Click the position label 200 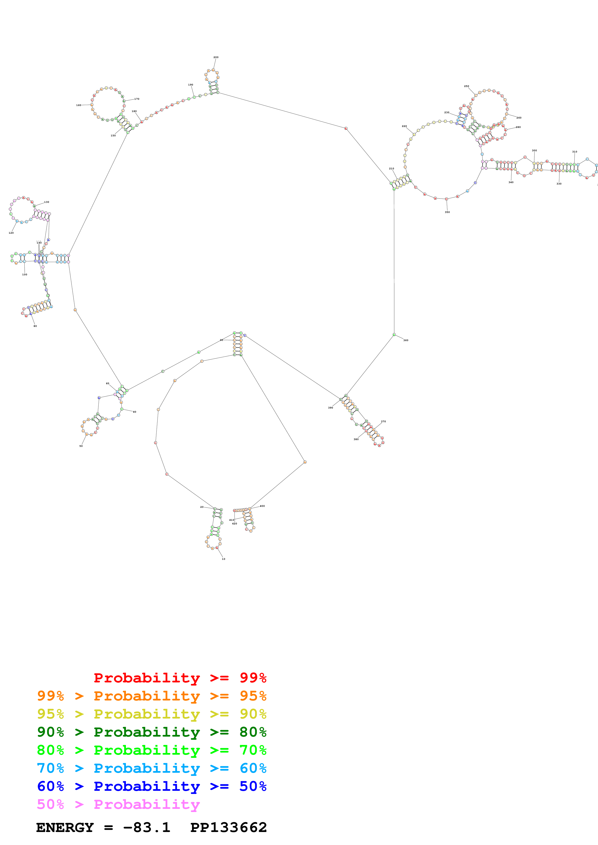coord(216,57)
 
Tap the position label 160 coord(78,105)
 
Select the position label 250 coord(467,86)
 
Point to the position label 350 coord(447,212)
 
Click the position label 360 coord(406,340)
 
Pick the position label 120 coord(11,233)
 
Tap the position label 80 coord(35,326)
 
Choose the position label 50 coord(81,446)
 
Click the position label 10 coord(223,559)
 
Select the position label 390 coord(330,408)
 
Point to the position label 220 coord(404,126)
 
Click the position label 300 coord(534,151)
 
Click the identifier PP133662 coord(228,828)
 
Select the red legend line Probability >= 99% coord(180,678)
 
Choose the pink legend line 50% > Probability coord(118,805)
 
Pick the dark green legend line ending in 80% coord(151,732)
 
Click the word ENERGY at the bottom coord(65,828)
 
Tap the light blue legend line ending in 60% coord(151,768)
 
